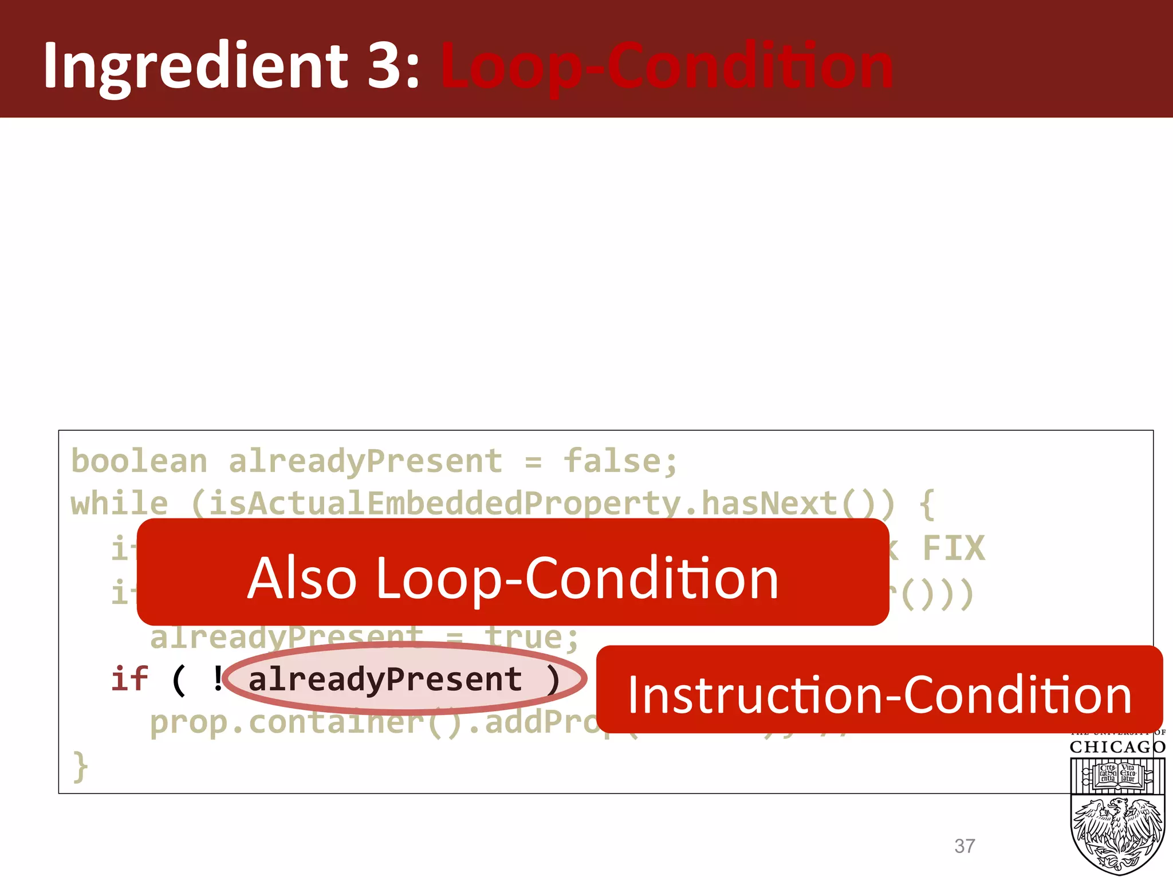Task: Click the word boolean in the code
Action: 139,462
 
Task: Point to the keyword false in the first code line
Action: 613,462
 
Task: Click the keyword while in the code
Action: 119,504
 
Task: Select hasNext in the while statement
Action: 770,504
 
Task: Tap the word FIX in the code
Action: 954,548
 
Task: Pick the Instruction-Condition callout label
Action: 879,695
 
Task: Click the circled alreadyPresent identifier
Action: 385,679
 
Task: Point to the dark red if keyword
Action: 129,679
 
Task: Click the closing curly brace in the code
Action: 80,767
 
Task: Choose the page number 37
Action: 965,846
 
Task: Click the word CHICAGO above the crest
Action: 1117,747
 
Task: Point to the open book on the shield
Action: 1117,774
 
